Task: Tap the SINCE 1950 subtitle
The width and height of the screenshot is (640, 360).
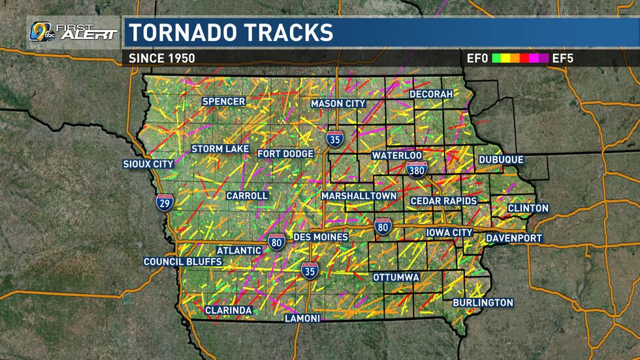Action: (x=162, y=58)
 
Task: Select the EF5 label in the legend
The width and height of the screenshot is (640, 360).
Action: (x=563, y=58)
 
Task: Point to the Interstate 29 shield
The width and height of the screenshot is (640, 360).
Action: (x=164, y=201)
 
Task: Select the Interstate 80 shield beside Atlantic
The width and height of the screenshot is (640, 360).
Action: (x=276, y=242)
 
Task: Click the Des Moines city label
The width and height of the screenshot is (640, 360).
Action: (x=321, y=237)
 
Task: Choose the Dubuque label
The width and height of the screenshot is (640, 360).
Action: (x=501, y=159)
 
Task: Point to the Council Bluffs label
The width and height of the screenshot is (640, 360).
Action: (x=183, y=262)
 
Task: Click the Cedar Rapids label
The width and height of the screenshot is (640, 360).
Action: (x=443, y=201)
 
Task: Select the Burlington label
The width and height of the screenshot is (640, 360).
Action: (x=483, y=303)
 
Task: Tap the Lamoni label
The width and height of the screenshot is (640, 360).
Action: (x=302, y=318)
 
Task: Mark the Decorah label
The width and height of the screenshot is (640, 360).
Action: (x=430, y=94)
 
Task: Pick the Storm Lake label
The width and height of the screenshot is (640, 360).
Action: (x=220, y=149)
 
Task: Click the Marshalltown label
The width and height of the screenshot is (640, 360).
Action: (x=359, y=196)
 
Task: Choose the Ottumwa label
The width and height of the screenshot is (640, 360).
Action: (x=396, y=277)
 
